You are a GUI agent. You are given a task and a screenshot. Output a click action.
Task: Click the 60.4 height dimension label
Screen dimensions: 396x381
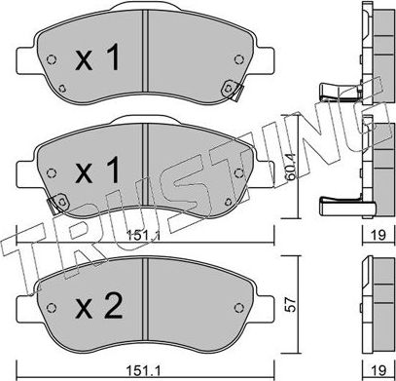(x=291, y=168)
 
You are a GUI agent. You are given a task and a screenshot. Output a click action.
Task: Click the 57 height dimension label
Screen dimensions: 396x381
(x=292, y=304)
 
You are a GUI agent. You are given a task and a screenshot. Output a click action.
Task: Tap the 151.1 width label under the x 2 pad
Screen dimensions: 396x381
(x=143, y=370)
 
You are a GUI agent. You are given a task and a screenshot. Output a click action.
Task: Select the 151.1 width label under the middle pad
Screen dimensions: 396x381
(x=143, y=235)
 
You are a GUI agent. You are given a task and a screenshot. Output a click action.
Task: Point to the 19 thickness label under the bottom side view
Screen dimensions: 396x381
(x=378, y=369)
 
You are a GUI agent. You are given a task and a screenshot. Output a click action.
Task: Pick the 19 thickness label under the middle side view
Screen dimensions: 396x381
(x=378, y=235)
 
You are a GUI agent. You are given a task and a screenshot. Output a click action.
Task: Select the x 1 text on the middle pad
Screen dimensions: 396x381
(x=97, y=170)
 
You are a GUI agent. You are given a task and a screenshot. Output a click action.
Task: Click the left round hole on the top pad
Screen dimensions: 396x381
(x=52, y=59)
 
